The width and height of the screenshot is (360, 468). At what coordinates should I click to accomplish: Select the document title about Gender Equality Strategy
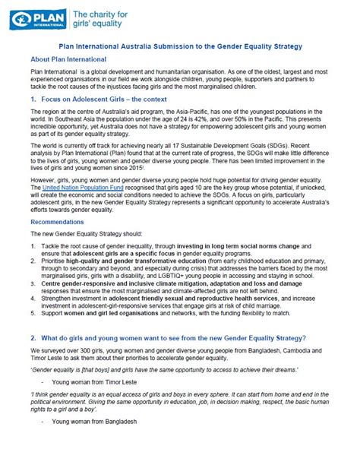pos(180,46)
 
